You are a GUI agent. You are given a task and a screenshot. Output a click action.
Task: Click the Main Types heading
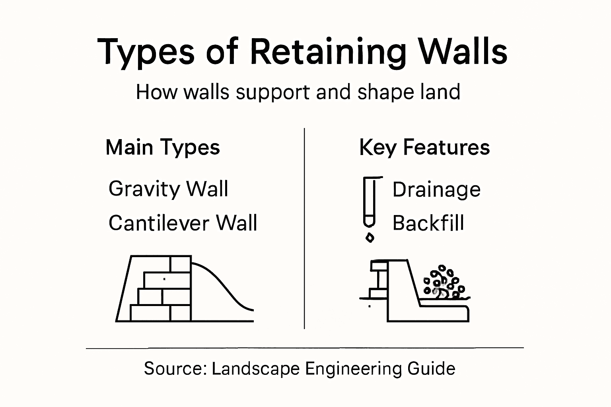(163, 147)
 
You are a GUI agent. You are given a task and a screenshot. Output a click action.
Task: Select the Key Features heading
(424, 147)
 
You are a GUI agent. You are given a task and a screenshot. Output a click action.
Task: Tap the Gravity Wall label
(168, 189)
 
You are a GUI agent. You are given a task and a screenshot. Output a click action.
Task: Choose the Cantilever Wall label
(183, 223)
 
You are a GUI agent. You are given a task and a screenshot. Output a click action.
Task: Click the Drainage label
(436, 190)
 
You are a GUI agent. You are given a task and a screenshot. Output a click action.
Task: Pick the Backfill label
(428, 223)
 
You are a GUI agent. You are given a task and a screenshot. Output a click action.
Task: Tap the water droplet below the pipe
(370, 238)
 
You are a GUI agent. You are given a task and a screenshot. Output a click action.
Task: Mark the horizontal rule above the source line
(305, 348)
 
